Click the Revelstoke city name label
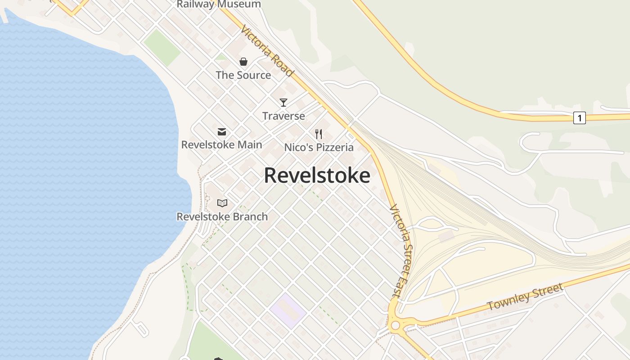click(x=317, y=175)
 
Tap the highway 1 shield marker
click(x=580, y=118)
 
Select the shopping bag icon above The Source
click(x=243, y=62)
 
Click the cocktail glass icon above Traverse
click(x=283, y=103)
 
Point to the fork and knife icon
click(x=319, y=134)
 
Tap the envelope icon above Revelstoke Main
click(x=222, y=132)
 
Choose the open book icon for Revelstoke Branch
click(x=222, y=203)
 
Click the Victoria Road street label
click(x=267, y=51)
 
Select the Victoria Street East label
click(x=401, y=251)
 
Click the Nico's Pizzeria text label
click(x=319, y=147)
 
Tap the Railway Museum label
click(x=219, y=4)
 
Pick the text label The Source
click(x=243, y=75)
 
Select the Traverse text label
click(x=283, y=116)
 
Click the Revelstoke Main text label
click(x=221, y=145)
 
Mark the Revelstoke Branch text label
click(x=222, y=216)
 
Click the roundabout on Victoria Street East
click(x=396, y=325)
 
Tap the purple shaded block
click(x=288, y=310)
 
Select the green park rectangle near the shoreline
click(x=162, y=48)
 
